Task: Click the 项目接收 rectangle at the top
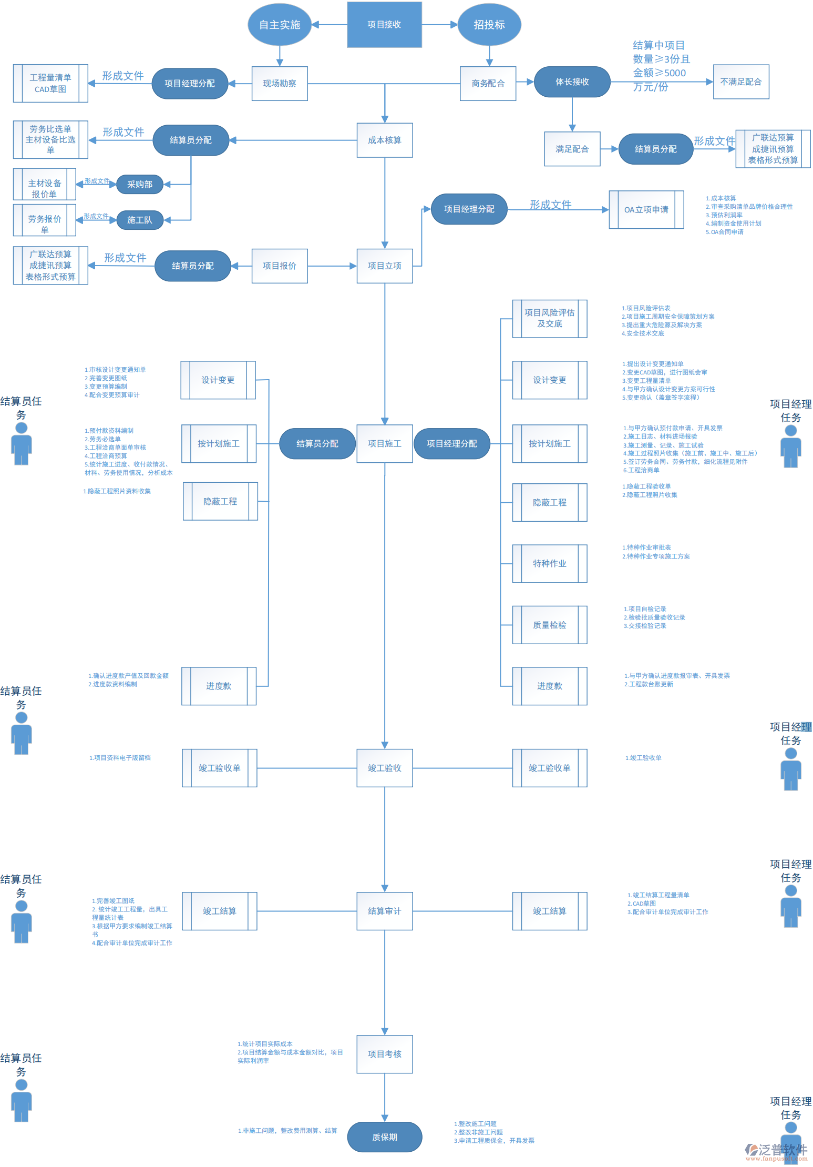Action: coord(384,25)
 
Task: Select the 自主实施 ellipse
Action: coord(279,25)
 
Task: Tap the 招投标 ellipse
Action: coord(489,25)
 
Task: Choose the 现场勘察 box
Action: coord(279,83)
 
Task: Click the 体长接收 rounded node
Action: coord(572,82)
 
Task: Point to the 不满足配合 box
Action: coord(740,82)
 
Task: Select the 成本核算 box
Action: coord(384,140)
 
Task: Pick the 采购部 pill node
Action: coord(139,184)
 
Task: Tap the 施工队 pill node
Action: coord(139,220)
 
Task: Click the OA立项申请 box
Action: coord(646,210)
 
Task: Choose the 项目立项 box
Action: coord(384,266)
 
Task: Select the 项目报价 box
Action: coord(279,266)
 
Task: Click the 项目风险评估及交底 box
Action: coord(549,319)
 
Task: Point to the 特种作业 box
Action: coord(549,564)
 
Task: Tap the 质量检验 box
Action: coord(549,625)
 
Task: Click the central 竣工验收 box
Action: coord(384,768)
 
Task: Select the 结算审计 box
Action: coord(384,911)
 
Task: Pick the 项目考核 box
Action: coord(384,1054)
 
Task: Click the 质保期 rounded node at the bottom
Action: coord(384,1137)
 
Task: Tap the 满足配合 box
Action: coord(572,149)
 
